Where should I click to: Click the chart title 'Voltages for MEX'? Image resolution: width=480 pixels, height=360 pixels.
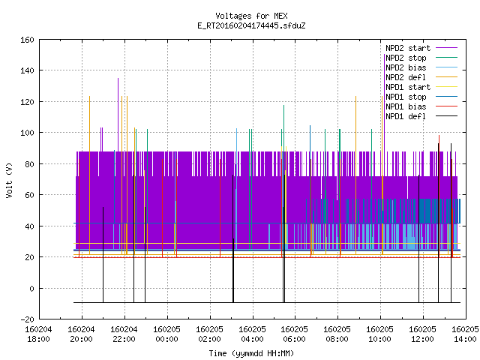click(x=251, y=16)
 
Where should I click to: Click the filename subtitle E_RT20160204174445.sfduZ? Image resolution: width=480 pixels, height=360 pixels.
click(x=251, y=25)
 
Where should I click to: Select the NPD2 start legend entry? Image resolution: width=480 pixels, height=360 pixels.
click(x=421, y=48)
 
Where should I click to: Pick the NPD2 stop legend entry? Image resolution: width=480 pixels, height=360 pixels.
click(x=421, y=58)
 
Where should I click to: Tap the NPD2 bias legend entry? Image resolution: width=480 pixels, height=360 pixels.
click(x=421, y=67)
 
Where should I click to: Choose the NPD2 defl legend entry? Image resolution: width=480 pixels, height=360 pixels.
click(x=421, y=77)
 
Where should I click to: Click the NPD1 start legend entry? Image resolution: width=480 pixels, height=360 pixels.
click(x=421, y=87)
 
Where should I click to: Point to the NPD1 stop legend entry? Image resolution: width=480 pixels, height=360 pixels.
click(x=421, y=97)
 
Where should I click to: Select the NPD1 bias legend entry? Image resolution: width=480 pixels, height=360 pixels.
click(x=421, y=106)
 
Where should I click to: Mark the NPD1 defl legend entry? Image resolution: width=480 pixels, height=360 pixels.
click(x=421, y=117)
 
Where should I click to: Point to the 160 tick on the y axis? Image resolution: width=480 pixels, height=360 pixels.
click(x=27, y=40)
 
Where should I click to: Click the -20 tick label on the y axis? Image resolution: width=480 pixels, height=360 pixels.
click(x=27, y=319)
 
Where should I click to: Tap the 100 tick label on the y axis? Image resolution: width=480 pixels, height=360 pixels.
click(x=27, y=133)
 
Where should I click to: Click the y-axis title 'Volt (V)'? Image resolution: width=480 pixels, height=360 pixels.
click(x=9, y=180)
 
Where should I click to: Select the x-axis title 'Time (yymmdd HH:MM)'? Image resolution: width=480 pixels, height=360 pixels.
click(x=251, y=353)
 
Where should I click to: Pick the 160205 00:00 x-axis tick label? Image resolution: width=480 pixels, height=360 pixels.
click(x=166, y=334)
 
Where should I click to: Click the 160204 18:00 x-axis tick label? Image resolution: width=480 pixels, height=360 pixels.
click(x=38, y=334)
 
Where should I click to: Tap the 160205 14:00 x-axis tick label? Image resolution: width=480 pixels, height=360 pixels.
click(x=465, y=334)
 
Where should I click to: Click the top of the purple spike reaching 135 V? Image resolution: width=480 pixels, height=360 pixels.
click(x=118, y=78)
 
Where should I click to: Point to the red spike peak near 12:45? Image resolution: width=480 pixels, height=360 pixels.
click(x=439, y=135)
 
